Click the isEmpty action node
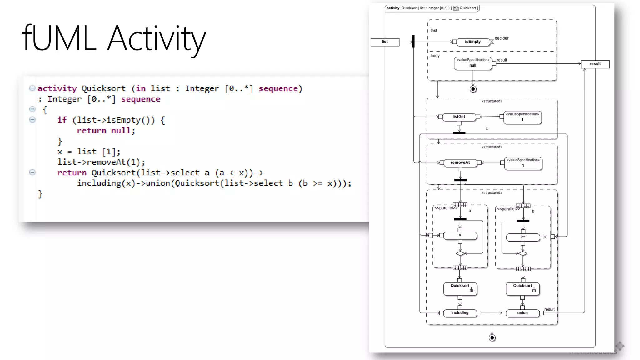(x=472, y=42)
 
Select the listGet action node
(x=459, y=117)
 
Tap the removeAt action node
(x=460, y=163)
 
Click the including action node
(x=460, y=313)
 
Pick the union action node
(x=522, y=313)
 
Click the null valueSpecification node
(x=473, y=63)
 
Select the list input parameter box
(x=385, y=42)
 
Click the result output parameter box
(x=595, y=64)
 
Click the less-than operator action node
(x=460, y=236)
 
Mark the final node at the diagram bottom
(x=492, y=338)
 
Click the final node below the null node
(x=473, y=89)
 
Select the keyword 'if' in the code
(x=62, y=120)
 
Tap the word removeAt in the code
(x=106, y=162)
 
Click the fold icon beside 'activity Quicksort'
(x=32, y=88)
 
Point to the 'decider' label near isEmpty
(x=502, y=38)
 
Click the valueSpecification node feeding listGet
(x=522, y=117)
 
